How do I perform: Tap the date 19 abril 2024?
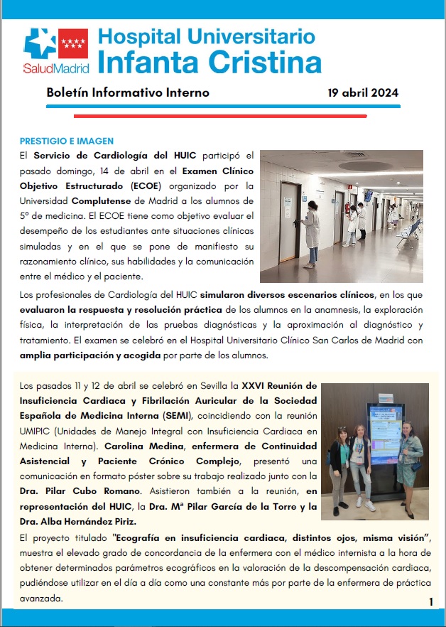tap(363, 92)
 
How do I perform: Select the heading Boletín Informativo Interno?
tap(128, 92)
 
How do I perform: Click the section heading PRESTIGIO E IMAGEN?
tap(66, 141)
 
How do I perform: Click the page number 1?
tap(431, 602)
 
